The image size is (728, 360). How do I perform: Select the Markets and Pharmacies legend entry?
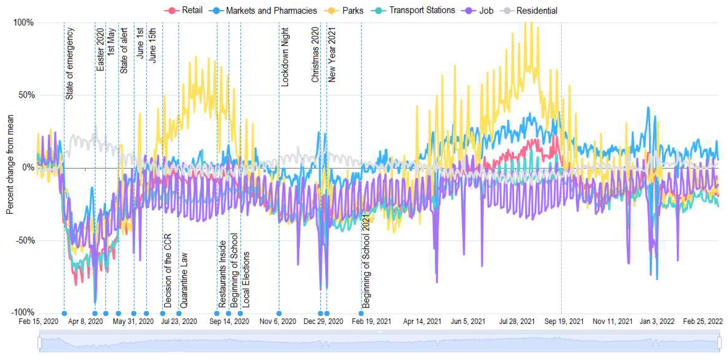point(263,11)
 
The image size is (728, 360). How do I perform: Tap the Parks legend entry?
point(344,11)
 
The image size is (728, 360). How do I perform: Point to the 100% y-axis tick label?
point(23,23)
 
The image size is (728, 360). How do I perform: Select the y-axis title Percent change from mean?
point(10,165)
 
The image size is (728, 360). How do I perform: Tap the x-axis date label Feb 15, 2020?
point(38,321)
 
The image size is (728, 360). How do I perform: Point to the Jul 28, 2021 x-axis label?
point(517,321)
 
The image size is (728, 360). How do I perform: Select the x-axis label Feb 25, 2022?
point(703,321)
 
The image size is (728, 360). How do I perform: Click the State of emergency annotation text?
point(70,64)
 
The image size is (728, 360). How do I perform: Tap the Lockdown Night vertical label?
point(284,57)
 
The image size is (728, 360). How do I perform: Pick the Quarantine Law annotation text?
point(184,280)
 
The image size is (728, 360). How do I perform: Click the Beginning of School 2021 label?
point(366,261)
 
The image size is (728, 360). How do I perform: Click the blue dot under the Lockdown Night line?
point(279,313)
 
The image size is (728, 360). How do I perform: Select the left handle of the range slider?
point(40,343)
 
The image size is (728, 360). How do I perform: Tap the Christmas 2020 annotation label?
point(315,55)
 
